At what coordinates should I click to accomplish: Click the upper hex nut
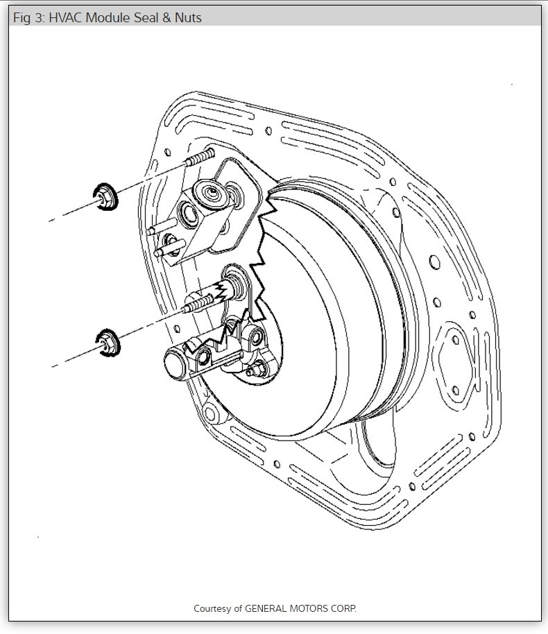[x=106, y=196]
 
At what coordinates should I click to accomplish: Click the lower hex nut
[x=108, y=343]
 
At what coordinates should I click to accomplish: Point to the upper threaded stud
[x=199, y=157]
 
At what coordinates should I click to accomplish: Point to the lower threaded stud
[x=198, y=304]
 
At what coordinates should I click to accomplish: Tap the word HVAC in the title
[x=65, y=18]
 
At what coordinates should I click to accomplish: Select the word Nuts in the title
[x=188, y=18]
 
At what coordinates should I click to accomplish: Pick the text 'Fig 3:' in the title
[x=29, y=18]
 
